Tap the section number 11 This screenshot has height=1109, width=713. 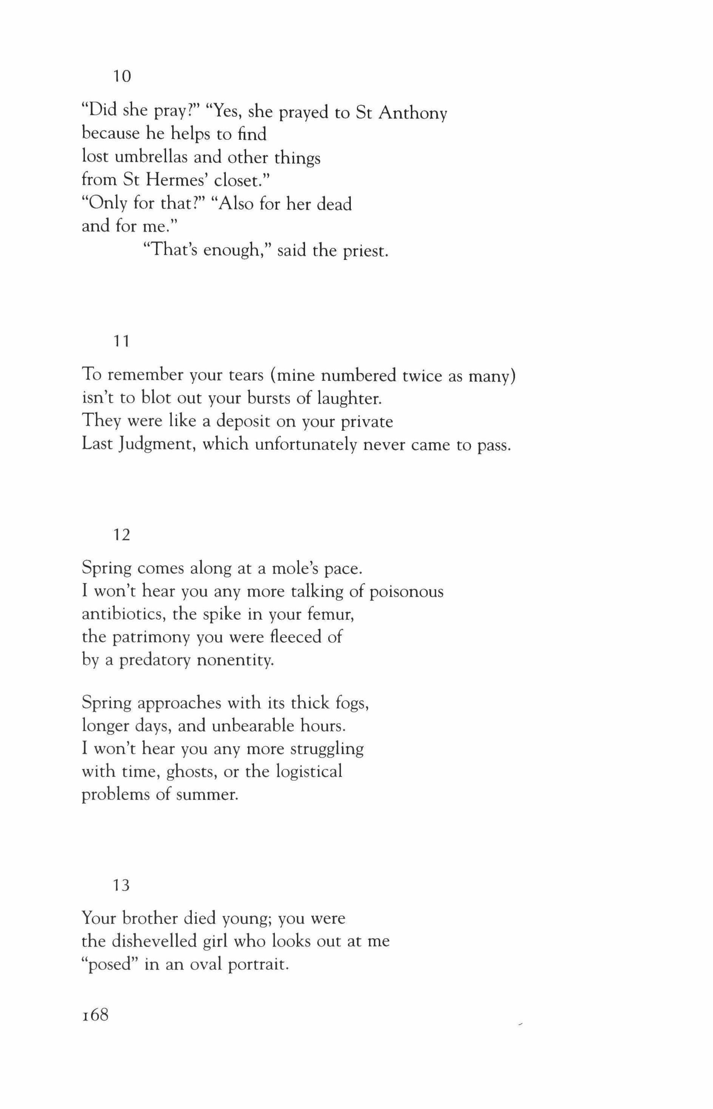point(122,342)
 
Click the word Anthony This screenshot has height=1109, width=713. point(412,113)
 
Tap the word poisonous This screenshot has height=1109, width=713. point(406,592)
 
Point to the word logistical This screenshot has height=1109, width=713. point(309,771)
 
